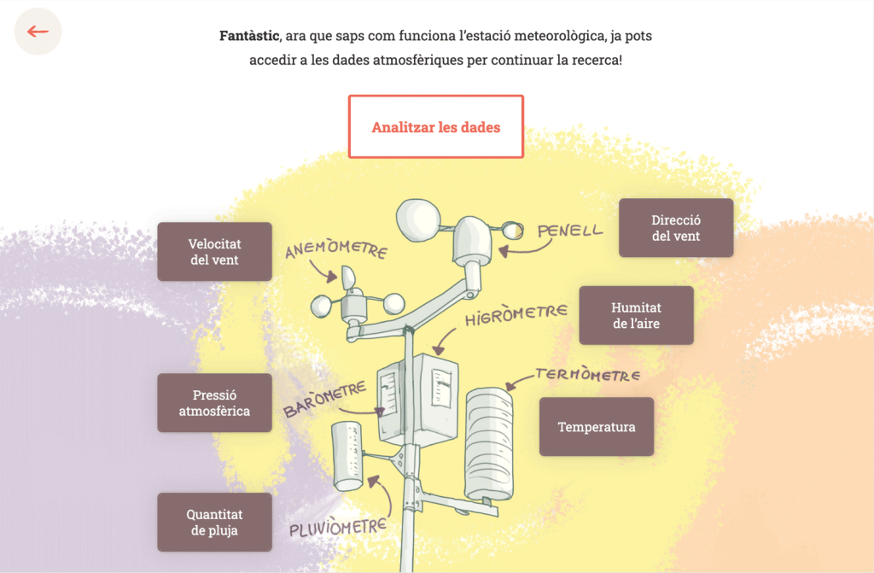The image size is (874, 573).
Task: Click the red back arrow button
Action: [x=38, y=32]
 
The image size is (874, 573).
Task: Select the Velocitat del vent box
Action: [x=214, y=252]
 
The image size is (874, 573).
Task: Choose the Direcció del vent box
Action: [x=676, y=228]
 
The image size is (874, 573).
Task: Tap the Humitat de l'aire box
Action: [x=636, y=315]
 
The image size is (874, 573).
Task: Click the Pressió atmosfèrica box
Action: [x=214, y=403]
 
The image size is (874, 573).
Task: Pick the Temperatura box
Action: [x=597, y=427]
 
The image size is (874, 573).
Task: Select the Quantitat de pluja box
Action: [x=214, y=523]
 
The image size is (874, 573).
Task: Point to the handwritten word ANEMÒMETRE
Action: [x=336, y=248]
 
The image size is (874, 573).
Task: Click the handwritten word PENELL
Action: [x=569, y=231]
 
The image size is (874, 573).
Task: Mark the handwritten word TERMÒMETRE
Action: [x=588, y=374]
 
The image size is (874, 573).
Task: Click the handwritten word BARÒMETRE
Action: [x=325, y=399]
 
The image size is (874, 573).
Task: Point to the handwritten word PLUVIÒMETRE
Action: [x=338, y=527]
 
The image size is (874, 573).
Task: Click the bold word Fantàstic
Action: [x=249, y=36]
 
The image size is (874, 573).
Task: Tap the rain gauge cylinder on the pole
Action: [x=347, y=456]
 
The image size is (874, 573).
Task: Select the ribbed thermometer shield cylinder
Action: [x=489, y=444]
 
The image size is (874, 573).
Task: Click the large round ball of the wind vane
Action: [x=418, y=220]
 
